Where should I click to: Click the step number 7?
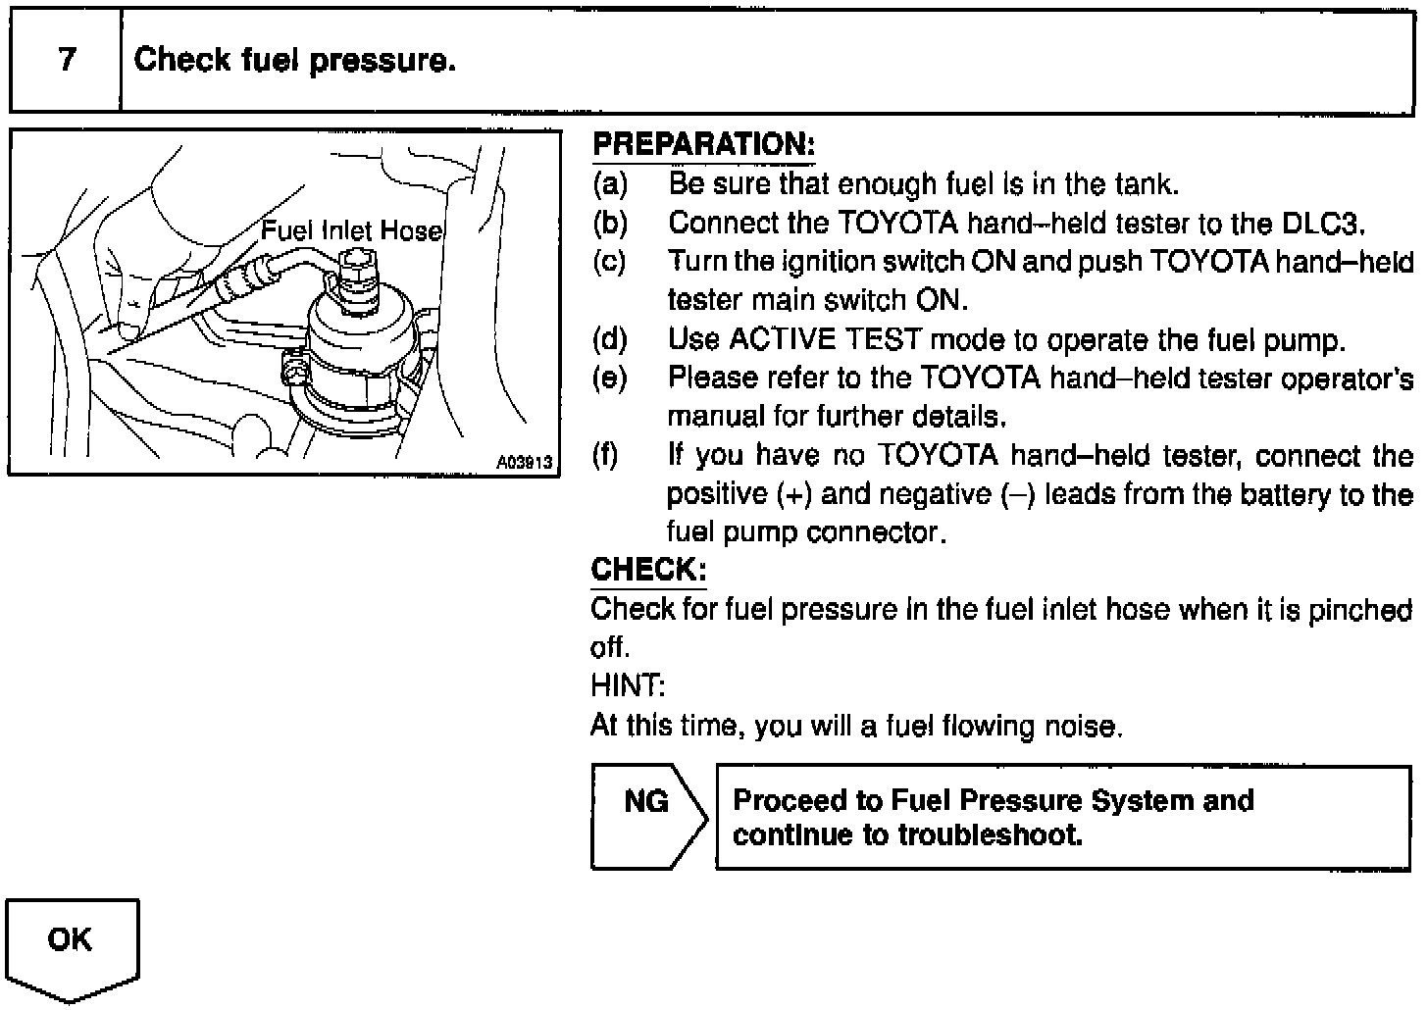67,60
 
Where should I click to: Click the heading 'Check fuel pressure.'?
294,61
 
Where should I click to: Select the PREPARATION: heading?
703,145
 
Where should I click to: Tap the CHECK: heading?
648,570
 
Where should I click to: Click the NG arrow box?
647,817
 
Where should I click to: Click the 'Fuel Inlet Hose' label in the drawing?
351,230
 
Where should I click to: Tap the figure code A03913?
525,462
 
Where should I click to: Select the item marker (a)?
610,183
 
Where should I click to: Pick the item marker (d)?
610,339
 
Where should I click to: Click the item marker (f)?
608,456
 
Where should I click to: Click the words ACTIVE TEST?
825,339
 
